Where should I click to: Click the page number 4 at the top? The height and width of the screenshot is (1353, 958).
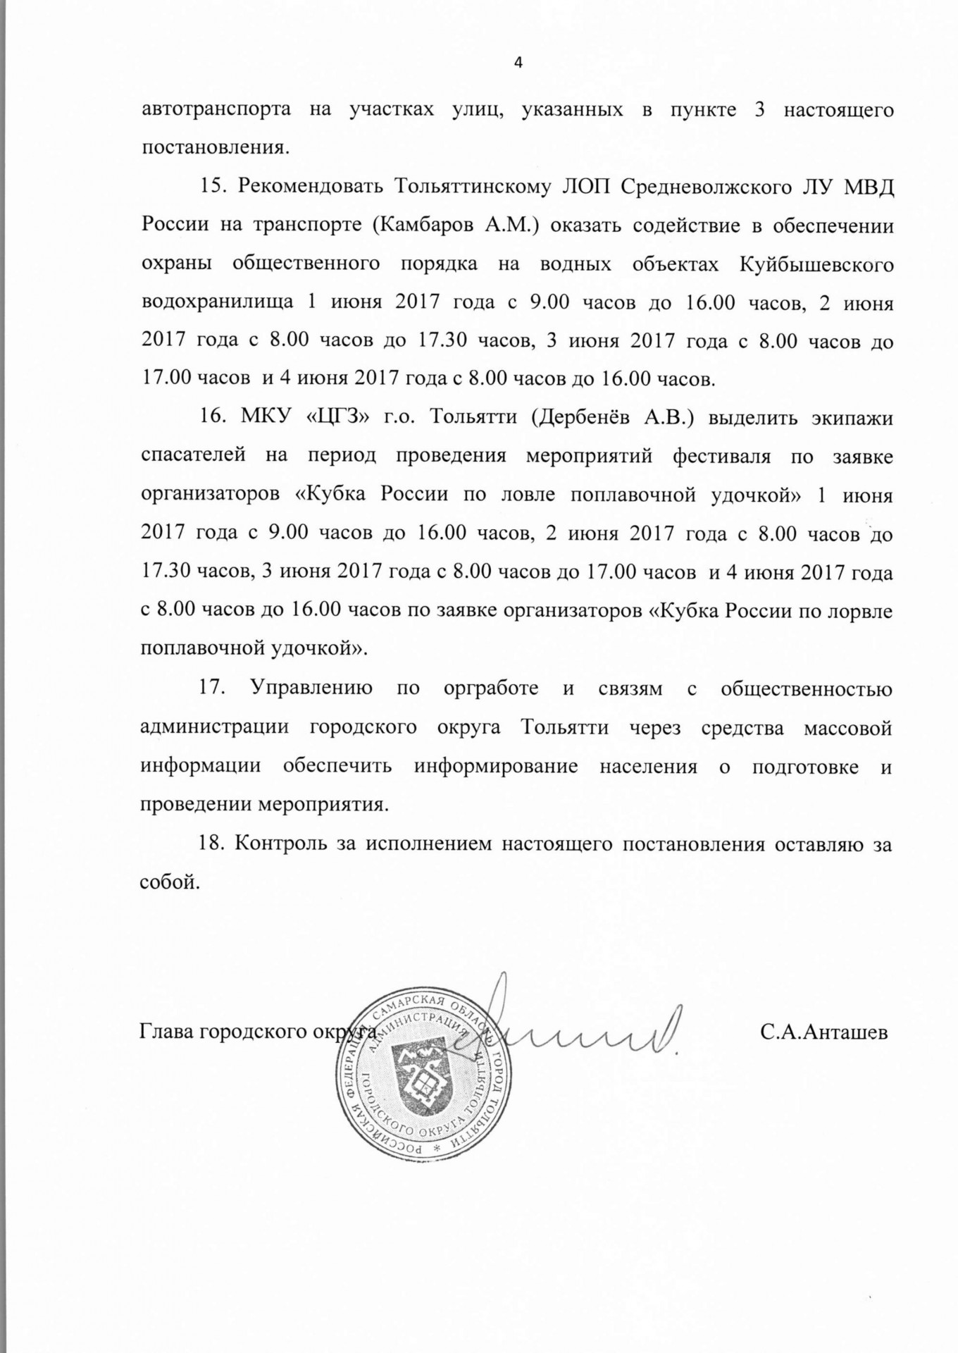tap(518, 63)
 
